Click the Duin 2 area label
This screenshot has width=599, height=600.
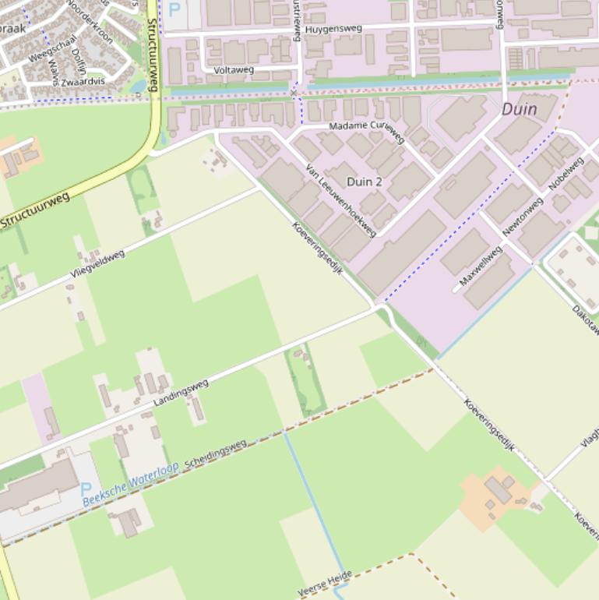(365, 182)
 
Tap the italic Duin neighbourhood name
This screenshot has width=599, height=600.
(519, 109)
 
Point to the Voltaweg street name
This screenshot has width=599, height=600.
(234, 70)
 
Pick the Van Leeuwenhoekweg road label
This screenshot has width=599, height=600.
(341, 202)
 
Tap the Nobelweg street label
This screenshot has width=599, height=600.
(566, 173)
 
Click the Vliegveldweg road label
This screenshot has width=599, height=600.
(97, 264)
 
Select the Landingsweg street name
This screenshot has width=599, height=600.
(181, 392)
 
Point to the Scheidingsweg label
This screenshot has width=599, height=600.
(216, 454)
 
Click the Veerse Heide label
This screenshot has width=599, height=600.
(325, 584)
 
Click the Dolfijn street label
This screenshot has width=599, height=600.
(78, 62)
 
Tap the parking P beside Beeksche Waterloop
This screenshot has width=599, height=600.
(86, 490)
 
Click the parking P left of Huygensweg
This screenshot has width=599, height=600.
(174, 10)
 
